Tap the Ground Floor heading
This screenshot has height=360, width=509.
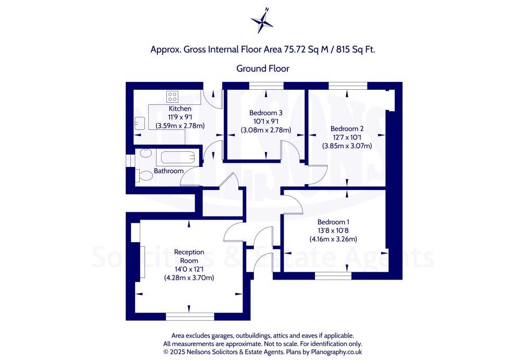[x=263, y=68]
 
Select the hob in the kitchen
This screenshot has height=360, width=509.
[x=172, y=97]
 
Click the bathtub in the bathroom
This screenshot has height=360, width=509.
[x=177, y=158]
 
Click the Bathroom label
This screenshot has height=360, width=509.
[x=168, y=171]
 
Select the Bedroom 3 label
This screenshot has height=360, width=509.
[x=265, y=113]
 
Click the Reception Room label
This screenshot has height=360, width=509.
[x=189, y=256]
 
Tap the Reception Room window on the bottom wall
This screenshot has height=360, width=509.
[x=190, y=316]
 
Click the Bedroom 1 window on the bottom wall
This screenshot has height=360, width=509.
[x=333, y=275]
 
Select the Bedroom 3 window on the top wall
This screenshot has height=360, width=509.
[x=266, y=85]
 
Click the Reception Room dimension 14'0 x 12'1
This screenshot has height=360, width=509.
[x=189, y=269]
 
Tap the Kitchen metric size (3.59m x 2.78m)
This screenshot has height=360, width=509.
[x=180, y=126]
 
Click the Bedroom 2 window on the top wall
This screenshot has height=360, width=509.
[x=348, y=85]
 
